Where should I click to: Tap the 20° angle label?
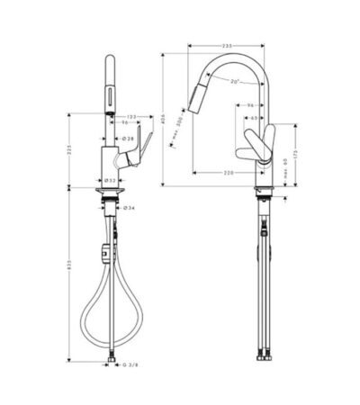click(x=235, y=83)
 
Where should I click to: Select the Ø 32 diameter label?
click(x=109, y=180)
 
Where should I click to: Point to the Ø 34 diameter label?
click(x=130, y=208)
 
